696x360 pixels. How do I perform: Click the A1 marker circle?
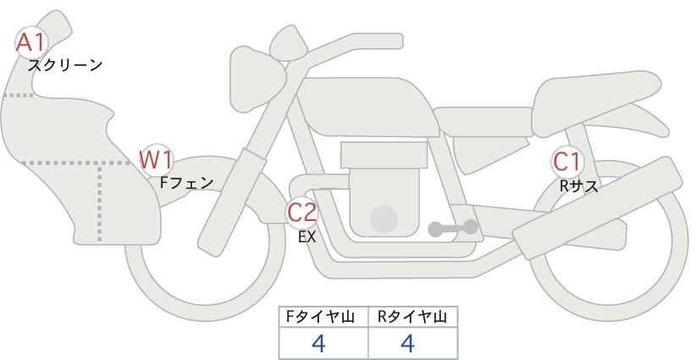(31, 42)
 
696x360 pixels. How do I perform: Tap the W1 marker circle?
(156, 160)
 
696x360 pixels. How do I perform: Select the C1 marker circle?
(567, 162)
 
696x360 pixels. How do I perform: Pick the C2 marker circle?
(301, 212)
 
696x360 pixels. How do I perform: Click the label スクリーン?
(65, 66)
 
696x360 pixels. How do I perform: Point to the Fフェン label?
(186, 183)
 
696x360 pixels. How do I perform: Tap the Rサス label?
(579, 186)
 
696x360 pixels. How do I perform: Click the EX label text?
(307, 237)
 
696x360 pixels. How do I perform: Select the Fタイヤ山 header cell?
(323, 317)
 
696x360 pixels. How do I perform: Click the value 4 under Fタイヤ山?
(318, 343)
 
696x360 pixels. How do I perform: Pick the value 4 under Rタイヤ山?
(407, 343)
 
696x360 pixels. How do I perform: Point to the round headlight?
(257, 79)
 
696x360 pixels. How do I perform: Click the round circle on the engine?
(384, 219)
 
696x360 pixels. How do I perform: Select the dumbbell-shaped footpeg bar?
(453, 228)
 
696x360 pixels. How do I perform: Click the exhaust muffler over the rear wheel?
(598, 208)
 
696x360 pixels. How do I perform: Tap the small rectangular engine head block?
(384, 155)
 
